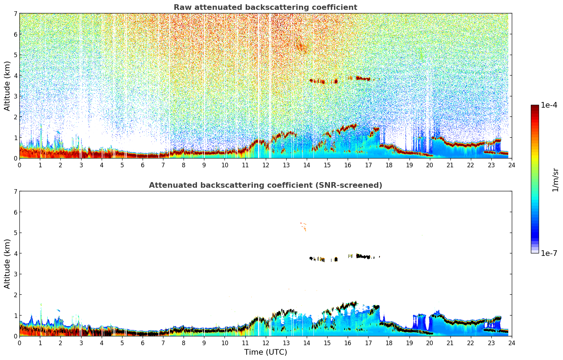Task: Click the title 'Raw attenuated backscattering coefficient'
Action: (265, 7)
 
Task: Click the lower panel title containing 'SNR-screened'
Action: (265, 185)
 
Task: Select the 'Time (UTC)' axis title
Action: (265, 352)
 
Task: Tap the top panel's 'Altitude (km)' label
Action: (7, 86)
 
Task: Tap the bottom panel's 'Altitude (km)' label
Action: (7, 264)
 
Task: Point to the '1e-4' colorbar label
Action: (549, 105)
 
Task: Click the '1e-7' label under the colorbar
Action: (549, 253)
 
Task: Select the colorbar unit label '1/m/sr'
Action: (555, 180)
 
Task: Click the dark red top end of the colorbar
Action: (534, 107)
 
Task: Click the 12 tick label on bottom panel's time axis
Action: (265, 343)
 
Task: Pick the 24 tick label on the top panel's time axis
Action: (511, 165)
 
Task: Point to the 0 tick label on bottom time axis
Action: (19, 343)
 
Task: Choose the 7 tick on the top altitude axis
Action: (15, 14)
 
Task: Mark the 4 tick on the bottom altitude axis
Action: (15, 253)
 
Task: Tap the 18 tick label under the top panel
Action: (389, 165)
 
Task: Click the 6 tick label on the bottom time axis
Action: (143, 343)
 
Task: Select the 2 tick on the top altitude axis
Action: (15, 117)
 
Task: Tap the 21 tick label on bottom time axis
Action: (450, 343)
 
